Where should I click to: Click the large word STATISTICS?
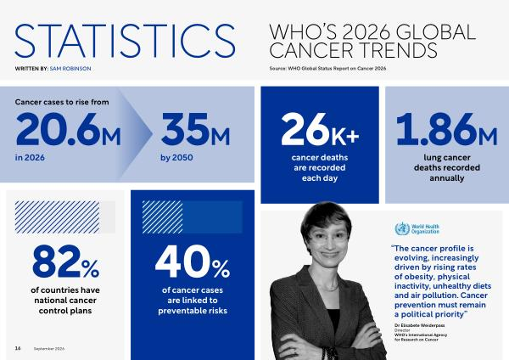point(125,41)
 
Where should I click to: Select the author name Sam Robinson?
point(70,69)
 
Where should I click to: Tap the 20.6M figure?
point(68,129)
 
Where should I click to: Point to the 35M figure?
point(195,129)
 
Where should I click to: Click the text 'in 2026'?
point(30,158)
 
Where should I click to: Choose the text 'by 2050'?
point(176,158)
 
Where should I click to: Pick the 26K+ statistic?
point(320,129)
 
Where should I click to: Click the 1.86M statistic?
point(447,129)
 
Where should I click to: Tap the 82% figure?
point(65,262)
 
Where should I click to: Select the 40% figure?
point(193,262)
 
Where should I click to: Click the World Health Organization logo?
point(417,228)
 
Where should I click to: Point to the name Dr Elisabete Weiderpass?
point(420,325)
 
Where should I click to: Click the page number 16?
point(18,348)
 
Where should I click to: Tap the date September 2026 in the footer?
point(49,349)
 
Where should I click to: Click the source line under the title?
point(327,69)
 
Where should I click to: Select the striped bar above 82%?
point(57,217)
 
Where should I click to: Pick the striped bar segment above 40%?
point(162,217)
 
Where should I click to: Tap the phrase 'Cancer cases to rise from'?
point(62,102)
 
